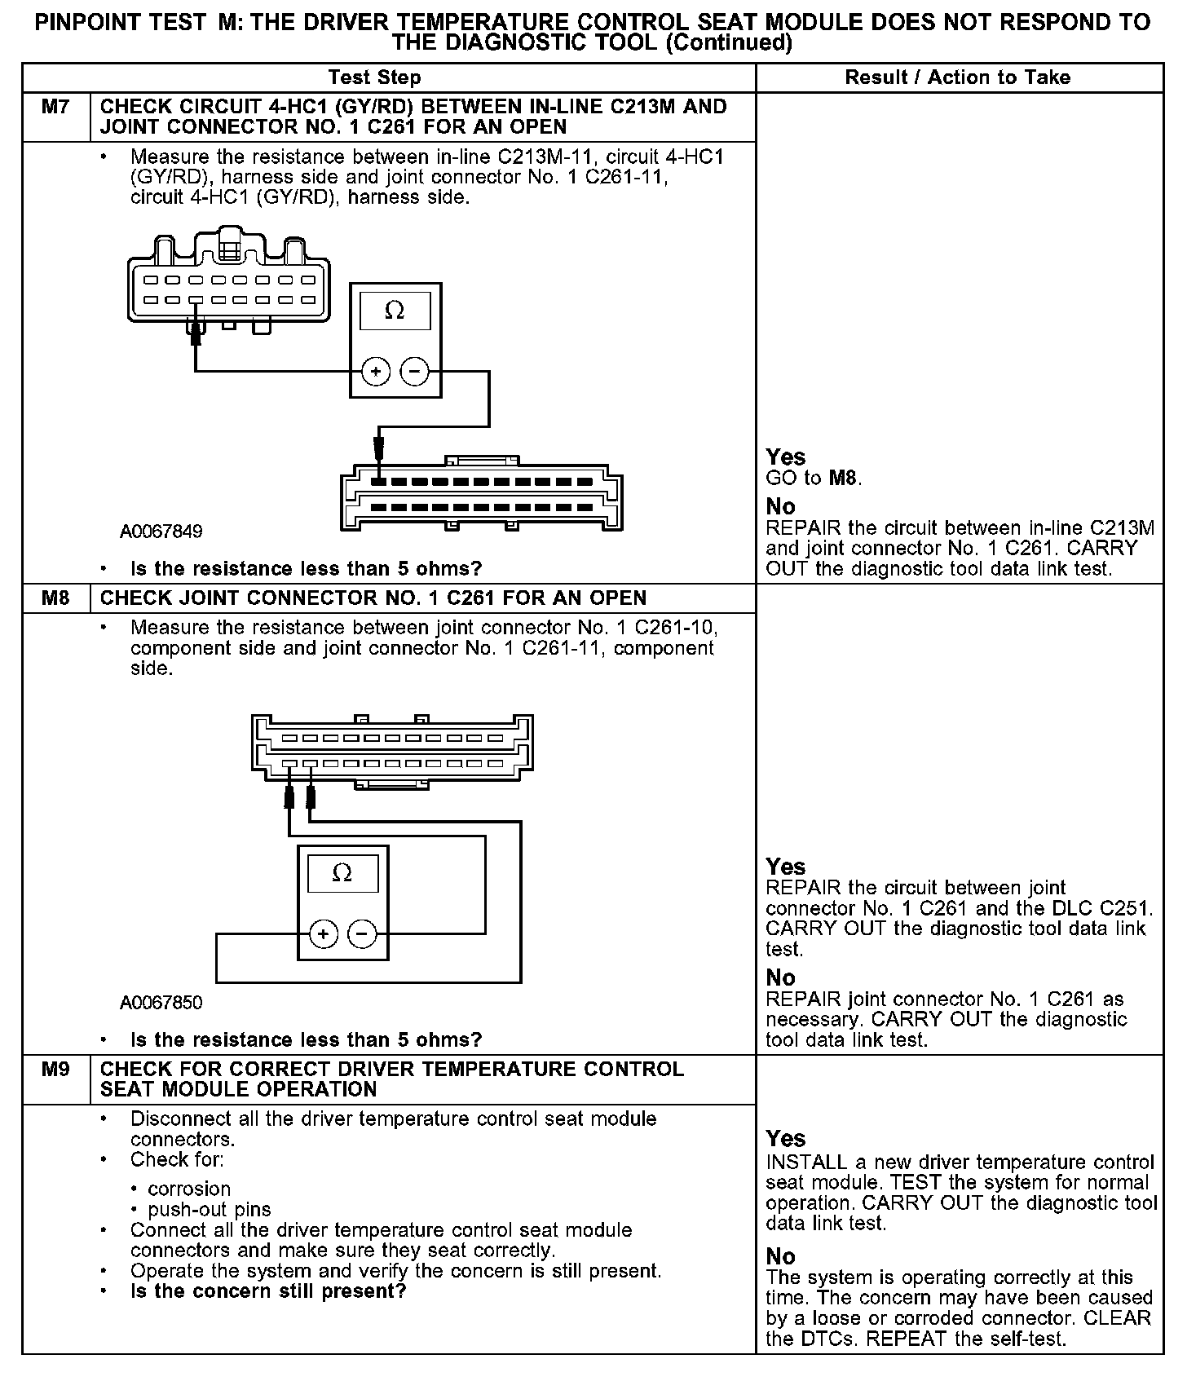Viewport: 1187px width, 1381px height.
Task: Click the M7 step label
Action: [55, 107]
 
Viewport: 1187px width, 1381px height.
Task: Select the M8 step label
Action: [55, 598]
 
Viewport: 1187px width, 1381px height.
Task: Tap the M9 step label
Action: [55, 1069]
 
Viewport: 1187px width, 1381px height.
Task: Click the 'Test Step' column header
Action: [374, 77]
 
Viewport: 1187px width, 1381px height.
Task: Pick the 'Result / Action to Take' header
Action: [957, 77]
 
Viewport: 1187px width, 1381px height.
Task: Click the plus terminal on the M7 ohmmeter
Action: [376, 372]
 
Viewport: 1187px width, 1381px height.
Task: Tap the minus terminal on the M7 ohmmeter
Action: [414, 372]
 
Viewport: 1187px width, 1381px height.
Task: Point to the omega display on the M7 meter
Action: [395, 311]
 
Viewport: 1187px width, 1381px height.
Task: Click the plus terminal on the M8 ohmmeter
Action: [324, 933]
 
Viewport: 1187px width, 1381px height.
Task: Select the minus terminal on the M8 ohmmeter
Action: [363, 933]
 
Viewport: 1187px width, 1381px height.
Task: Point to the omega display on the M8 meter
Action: [342, 873]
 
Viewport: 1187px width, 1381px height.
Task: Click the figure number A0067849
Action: [161, 532]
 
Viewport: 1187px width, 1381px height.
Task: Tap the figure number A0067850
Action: [161, 1002]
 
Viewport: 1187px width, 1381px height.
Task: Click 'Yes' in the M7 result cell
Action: [786, 457]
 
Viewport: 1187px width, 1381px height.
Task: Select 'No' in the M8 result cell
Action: [780, 977]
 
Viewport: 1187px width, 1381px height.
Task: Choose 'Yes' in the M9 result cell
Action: [786, 1138]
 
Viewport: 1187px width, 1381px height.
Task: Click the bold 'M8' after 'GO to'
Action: [844, 478]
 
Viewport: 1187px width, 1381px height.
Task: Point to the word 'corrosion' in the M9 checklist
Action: [189, 1189]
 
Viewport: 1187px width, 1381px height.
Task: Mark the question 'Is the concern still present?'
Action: [268, 1291]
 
